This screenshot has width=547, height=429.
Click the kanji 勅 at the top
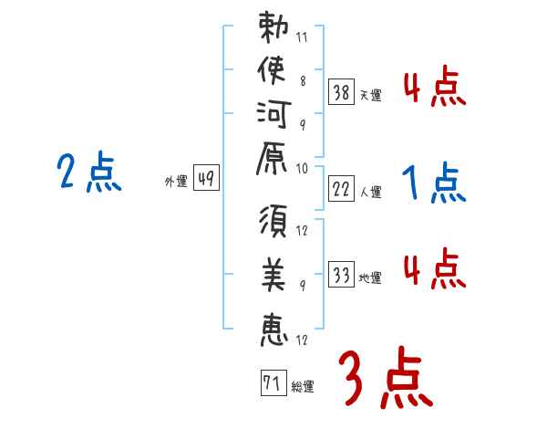click(x=273, y=28)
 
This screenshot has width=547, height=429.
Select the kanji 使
click(x=273, y=70)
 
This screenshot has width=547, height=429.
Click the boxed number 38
click(x=341, y=91)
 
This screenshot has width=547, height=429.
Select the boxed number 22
click(x=341, y=189)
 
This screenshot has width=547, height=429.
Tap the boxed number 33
click(x=341, y=275)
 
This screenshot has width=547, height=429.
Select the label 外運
click(x=176, y=182)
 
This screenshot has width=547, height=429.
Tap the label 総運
click(x=303, y=386)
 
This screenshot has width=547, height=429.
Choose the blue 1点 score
click(x=434, y=183)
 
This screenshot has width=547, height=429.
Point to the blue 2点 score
click(x=89, y=172)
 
